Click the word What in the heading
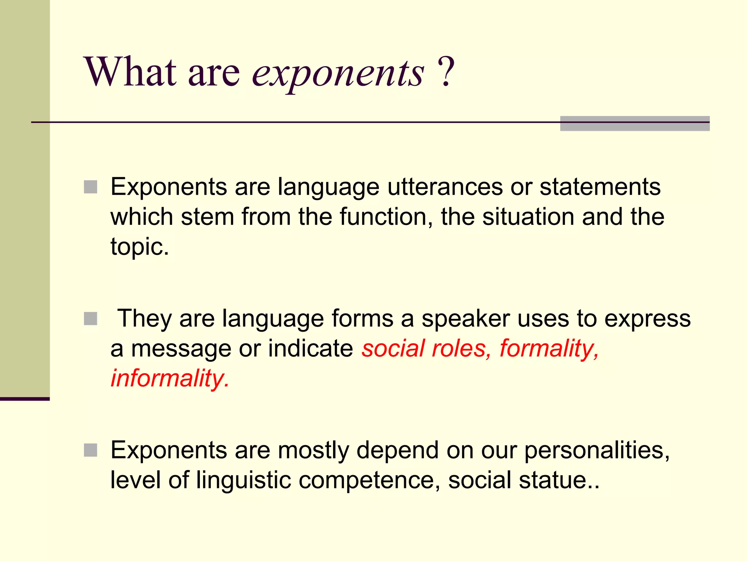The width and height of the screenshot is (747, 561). coord(131,72)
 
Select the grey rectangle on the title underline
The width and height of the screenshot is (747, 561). coord(635,123)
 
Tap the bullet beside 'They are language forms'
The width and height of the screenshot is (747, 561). coord(90,318)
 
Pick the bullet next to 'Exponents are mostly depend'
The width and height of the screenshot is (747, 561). coord(90,450)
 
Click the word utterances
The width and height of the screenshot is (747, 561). coord(445,187)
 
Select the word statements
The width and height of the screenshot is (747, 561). coord(600,187)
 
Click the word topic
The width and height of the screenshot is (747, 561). coord(139,247)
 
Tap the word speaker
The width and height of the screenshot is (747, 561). coord(466,318)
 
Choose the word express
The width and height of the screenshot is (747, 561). coord(647,319)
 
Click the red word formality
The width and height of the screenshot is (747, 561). coord(549,348)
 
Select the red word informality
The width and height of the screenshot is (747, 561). coord(170,378)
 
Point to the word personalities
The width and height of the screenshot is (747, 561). coord(597,450)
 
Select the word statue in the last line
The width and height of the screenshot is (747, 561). coord(552,480)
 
